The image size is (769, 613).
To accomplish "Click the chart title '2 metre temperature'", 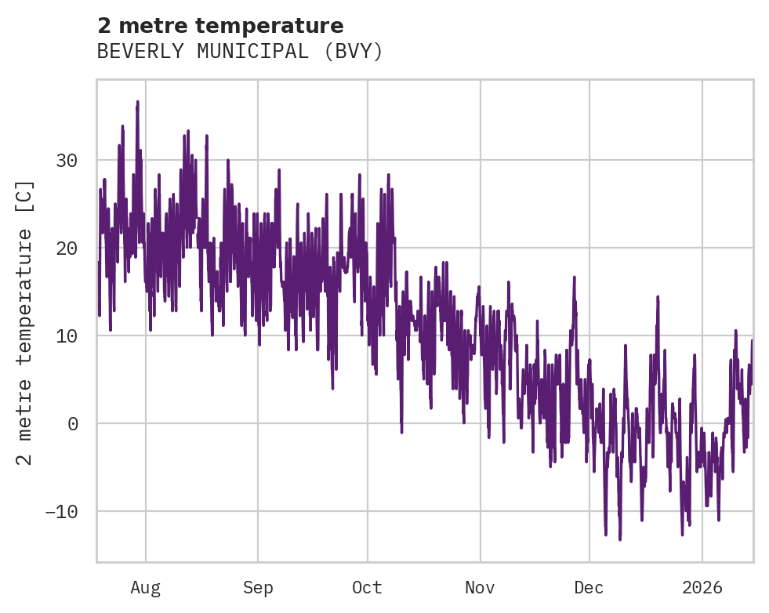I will click(220, 26).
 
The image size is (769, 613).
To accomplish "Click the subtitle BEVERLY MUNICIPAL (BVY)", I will click(240, 52).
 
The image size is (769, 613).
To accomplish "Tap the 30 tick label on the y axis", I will click(67, 161).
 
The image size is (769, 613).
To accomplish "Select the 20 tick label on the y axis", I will click(67, 248).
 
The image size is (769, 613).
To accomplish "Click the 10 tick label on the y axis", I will click(67, 336).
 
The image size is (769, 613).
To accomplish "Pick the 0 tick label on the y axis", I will click(73, 424).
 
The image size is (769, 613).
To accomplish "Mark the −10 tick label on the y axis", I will click(61, 512).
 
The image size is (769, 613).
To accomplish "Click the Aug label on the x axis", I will click(145, 588).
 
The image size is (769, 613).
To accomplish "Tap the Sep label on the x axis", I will click(258, 588).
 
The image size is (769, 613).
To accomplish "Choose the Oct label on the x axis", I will click(367, 588).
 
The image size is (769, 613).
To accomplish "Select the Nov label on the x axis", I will click(480, 588).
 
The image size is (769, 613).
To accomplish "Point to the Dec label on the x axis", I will click(589, 588).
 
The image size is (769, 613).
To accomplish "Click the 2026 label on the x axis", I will click(702, 588).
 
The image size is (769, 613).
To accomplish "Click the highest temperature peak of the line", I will click(137, 102).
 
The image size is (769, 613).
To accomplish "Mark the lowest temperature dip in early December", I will click(619, 539).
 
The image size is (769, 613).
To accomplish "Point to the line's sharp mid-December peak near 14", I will click(658, 297).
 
